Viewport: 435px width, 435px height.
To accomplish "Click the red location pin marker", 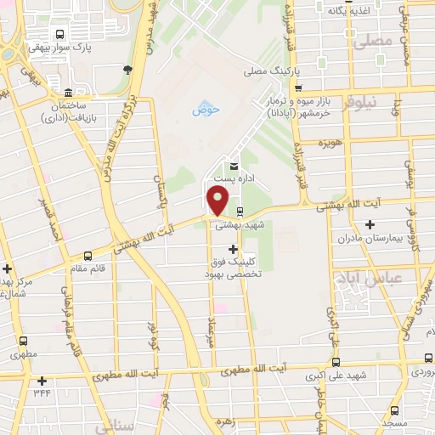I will coord(218,201).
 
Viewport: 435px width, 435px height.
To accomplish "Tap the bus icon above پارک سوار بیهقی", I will coord(59,35).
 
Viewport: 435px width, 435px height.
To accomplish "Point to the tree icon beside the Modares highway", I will coord(127,71).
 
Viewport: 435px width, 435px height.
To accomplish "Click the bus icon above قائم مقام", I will coord(89,253).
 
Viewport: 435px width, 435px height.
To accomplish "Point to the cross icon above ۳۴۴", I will coord(40,381).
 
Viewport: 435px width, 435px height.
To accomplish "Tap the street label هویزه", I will coord(330,143).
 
